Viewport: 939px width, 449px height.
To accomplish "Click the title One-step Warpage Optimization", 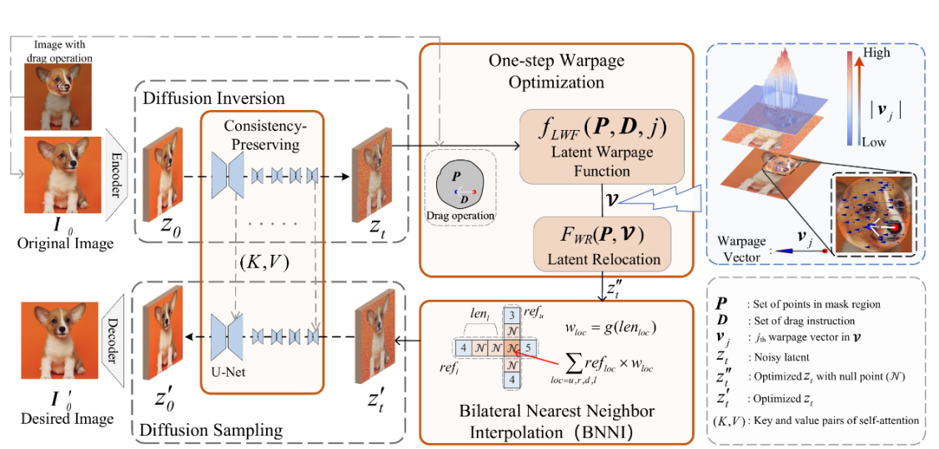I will (x=555, y=72).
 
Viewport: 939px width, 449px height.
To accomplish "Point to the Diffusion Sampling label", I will (x=213, y=430).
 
